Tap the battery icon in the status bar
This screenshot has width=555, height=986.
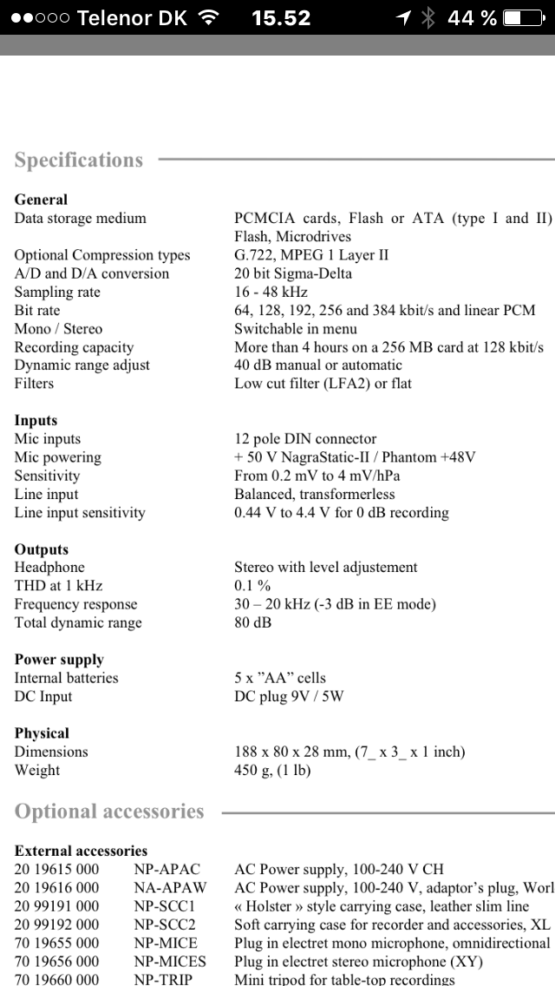click(526, 17)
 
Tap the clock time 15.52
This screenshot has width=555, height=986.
click(281, 17)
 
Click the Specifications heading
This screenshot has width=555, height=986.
click(79, 161)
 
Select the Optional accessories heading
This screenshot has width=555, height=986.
click(109, 812)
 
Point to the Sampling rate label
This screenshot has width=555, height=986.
click(57, 292)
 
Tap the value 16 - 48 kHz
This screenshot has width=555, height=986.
click(271, 292)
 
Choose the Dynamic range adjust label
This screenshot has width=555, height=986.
click(82, 365)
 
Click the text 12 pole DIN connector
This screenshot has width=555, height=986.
click(305, 439)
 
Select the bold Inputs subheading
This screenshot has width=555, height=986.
click(36, 420)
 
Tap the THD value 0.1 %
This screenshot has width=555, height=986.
click(252, 586)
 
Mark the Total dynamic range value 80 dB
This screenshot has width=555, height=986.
click(252, 622)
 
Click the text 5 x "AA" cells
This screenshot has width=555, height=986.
click(280, 678)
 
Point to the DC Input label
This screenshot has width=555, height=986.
click(43, 696)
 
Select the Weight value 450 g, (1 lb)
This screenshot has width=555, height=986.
click(272, 770)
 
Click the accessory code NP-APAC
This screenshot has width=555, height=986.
click(166, 869)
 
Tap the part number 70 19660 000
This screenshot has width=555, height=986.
click(56, 979)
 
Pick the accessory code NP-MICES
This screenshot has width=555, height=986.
click(170, 961)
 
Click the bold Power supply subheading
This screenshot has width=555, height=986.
click(59, 660)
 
